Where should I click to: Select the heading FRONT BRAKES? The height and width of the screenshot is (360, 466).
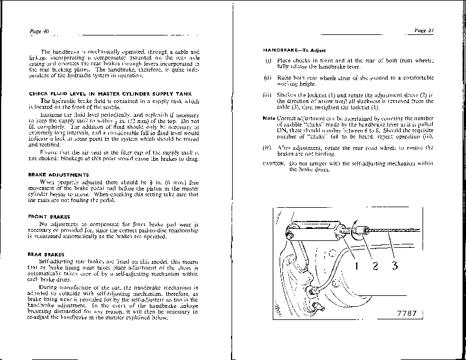(49, 216)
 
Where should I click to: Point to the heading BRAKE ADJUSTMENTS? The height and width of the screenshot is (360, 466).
(58, 174)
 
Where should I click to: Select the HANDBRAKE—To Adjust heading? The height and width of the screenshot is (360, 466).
(294, 51)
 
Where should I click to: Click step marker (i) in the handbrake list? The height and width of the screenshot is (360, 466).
(268, 61)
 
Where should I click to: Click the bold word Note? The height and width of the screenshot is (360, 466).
(268, 118)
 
